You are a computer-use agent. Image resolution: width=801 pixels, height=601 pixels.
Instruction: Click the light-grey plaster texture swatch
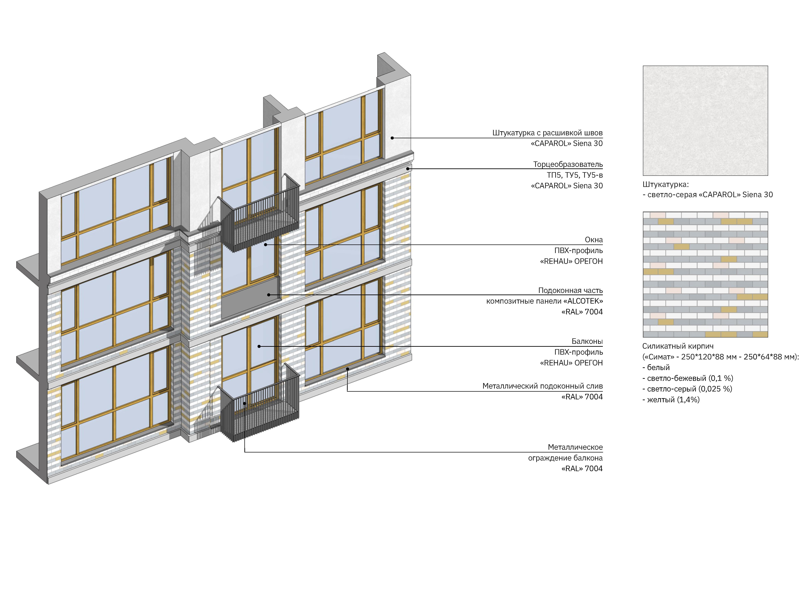705,121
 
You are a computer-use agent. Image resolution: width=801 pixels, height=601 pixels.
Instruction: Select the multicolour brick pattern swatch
705,275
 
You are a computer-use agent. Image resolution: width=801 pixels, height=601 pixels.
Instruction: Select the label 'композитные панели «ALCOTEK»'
544,301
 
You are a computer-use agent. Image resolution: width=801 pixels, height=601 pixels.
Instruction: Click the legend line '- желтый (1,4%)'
671,400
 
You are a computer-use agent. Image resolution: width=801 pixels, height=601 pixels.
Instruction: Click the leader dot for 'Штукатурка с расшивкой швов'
392,138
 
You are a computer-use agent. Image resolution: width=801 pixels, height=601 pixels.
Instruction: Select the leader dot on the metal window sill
347,369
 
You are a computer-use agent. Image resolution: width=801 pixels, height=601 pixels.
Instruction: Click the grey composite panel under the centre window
250,301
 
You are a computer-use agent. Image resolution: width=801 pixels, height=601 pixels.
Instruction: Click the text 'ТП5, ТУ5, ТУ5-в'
575,175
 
